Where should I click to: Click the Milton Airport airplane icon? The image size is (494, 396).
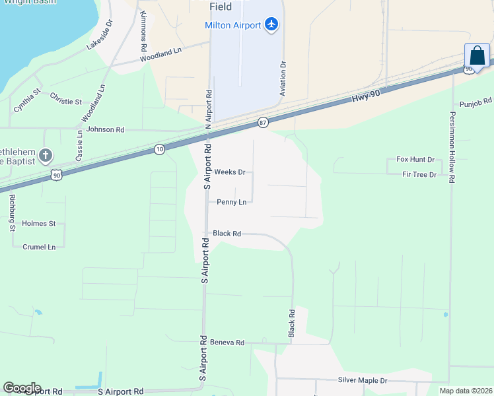coord(271,25)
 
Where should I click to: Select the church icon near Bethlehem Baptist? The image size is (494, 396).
coord(45,156)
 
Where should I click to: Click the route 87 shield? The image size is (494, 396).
coord(263,123)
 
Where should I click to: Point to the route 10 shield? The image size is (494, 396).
coord(159,150)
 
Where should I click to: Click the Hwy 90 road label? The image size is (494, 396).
coord(366,96)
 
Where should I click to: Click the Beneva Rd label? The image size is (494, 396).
coord(227,343)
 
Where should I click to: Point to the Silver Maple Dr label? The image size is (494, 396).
coord(362,381)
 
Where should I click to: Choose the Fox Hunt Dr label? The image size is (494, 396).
coord(415,160)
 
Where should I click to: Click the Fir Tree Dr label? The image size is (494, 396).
coord(419,174)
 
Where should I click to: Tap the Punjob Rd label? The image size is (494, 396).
coord(476,102)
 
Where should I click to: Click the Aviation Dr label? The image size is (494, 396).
coord(283,79)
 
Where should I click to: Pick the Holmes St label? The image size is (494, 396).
coord(39,224)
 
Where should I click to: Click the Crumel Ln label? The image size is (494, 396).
coord(39,247)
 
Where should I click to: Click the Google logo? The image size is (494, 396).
coord(22,388)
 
